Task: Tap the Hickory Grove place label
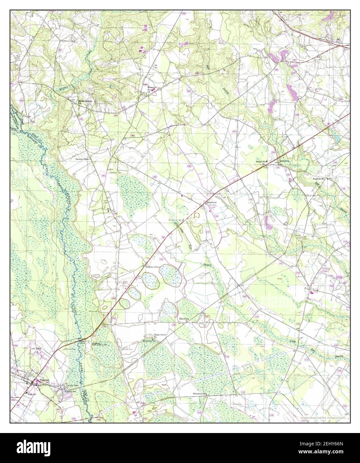(x=153, y=267)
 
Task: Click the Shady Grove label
(x=160, y=334)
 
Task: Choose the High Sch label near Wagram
(x=32, y=394)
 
